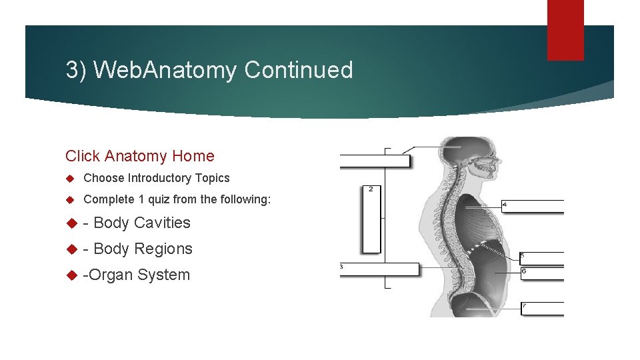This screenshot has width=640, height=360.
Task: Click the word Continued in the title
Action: tap(299, 70)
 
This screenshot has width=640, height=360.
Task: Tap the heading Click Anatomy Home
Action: tap(140, 156)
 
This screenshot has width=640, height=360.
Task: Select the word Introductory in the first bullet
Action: tap(160, 178)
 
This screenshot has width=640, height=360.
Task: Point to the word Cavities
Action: tap(162, 223)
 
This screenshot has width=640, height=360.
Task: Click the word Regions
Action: tap(163, 249)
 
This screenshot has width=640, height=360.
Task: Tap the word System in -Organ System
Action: tap(163, 275)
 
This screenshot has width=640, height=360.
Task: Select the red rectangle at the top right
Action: tap(565, 30)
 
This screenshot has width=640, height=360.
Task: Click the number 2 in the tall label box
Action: tap(371, 189)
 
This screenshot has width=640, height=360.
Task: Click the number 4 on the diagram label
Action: tap(505, 203)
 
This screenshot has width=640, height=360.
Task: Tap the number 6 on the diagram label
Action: tap(523, 271)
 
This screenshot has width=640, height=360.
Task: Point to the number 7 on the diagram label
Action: tap(524, 306)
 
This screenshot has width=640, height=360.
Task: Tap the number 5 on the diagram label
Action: tap(521, 255)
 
